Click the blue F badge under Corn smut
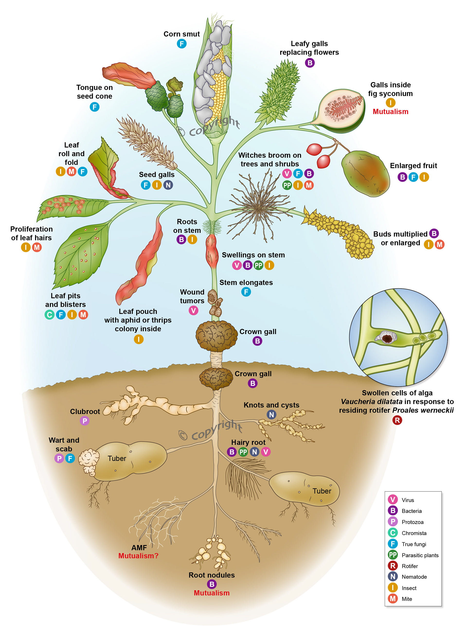[181, 44]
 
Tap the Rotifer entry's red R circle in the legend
[393, 566]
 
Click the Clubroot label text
[85, 412]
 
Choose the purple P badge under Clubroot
[85, 421]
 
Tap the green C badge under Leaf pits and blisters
[49, 315]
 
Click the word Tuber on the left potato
[117, 458]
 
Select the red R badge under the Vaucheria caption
[397, 420]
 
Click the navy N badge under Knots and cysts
[271, 414]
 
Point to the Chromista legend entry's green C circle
[393, 533]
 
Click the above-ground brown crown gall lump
[216, 336]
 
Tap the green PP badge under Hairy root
[243, 452]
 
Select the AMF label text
[139, 548]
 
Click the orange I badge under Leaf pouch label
[138, 339]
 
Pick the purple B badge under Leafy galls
[310, 63]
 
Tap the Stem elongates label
[246, 282]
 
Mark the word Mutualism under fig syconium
[390, 112]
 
